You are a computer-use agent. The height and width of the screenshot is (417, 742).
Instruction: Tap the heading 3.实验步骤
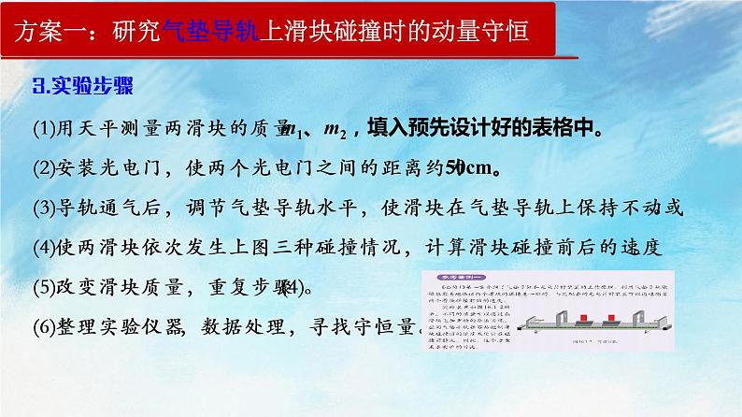click(x=83, y=86)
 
